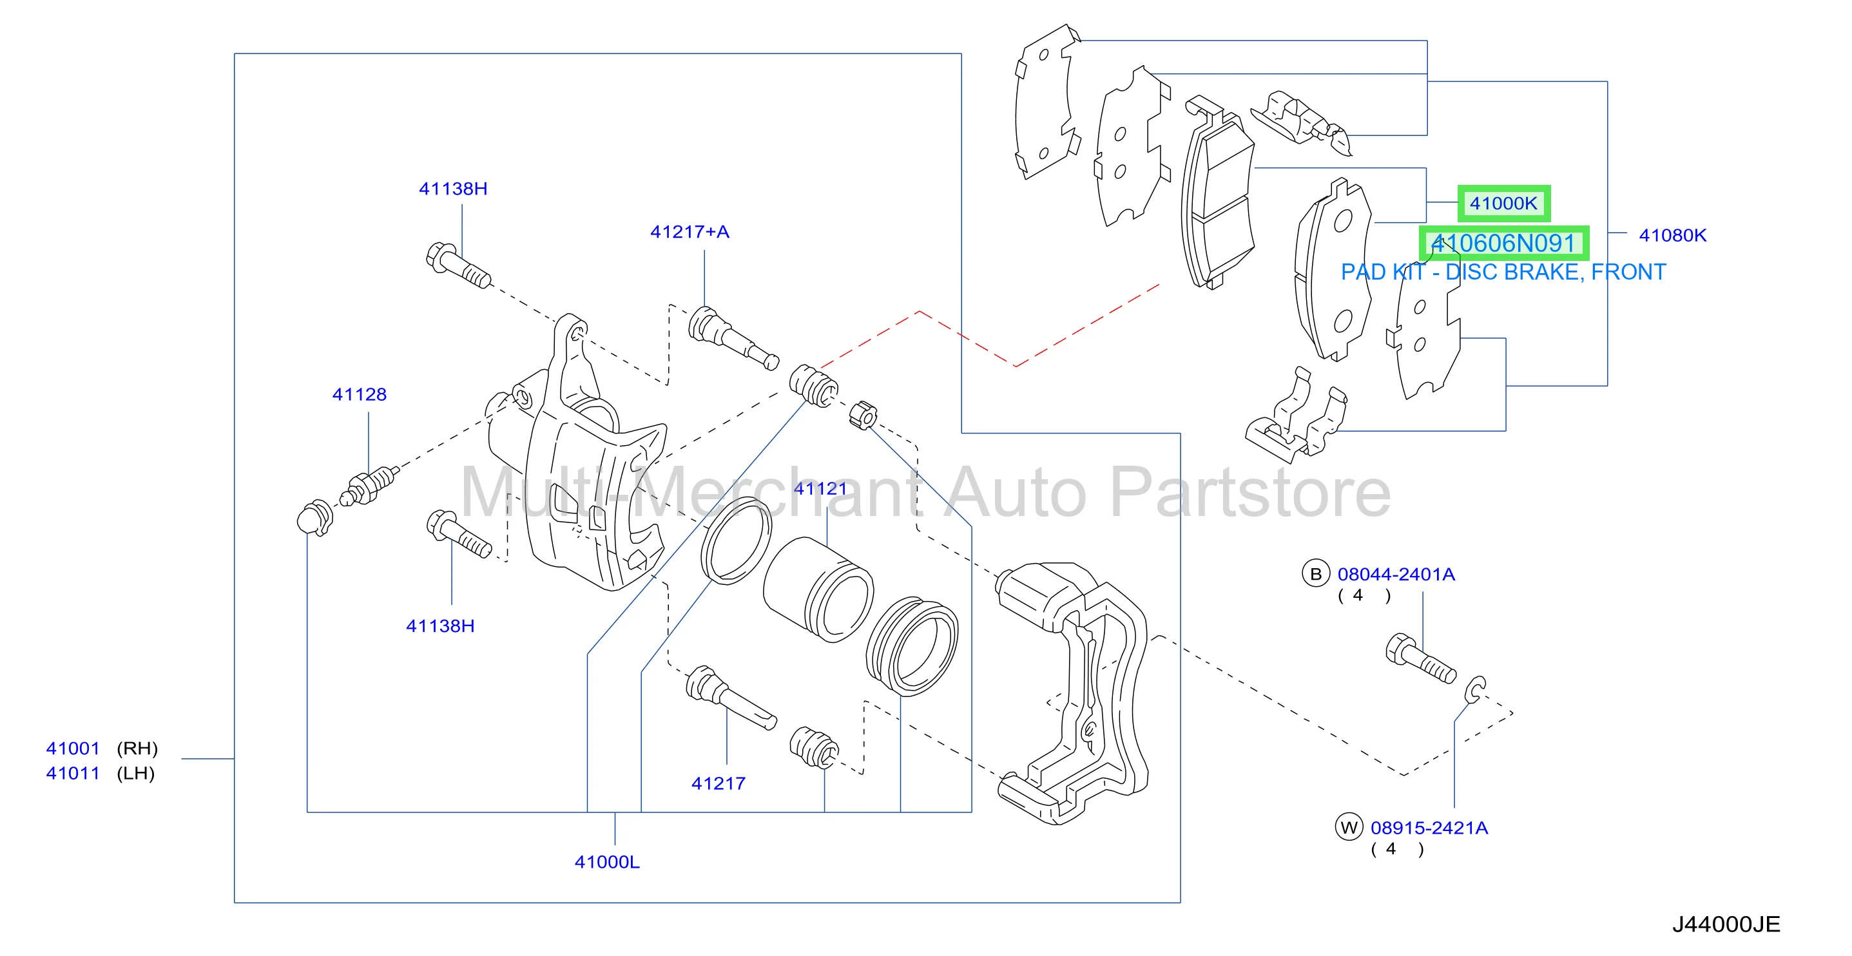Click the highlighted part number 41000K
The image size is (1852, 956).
[x=1503, y=204]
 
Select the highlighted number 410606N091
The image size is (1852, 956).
[x=1503, y=243]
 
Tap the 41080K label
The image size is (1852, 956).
[x=1672, y=235]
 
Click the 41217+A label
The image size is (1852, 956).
[x=690, y=231]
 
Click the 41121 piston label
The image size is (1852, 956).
[x=820, y=489]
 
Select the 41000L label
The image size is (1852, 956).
[x=607, y=862]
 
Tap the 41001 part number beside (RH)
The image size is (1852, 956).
[x=73, y=749]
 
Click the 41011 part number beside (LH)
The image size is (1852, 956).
[x=73, y=774]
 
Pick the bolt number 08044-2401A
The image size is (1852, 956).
[x=1396, y=575]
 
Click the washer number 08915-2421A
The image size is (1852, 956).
[x=1429, y=828]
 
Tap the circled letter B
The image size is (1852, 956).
[x=1317, y=573]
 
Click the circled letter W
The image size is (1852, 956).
[x=1349, y=827]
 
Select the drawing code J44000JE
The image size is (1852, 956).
[x=1726, y=924]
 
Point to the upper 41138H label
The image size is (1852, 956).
[x=453, y=188]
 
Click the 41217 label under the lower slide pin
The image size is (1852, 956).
[x=719, y=783]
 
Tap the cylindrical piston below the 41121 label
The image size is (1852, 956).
[x=818, y=589]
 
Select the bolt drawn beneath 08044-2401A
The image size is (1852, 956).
[x=1420, y=658]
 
